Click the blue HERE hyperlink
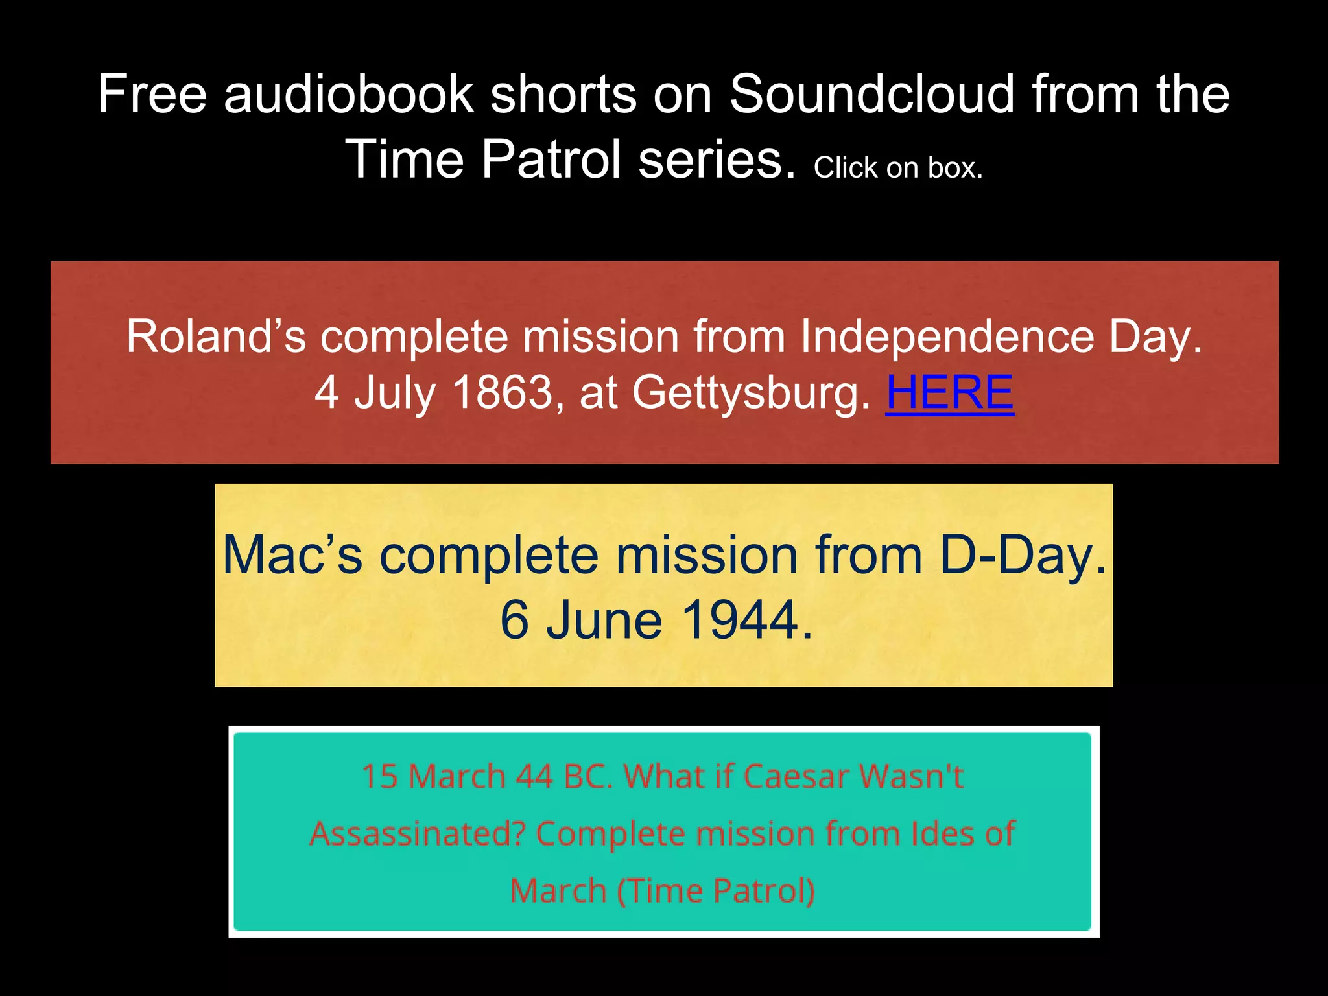[x=949, y=393]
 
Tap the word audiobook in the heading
[x=349, y=95]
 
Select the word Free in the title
[x=152, y=95]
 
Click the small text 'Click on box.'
[x=898, y=169]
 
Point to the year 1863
[x=502, y=393]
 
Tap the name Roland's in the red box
[x=216, y=337]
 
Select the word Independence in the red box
[x=946, y=337]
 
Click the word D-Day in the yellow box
[x=1022, y=556]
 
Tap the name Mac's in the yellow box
[x=292, y=556]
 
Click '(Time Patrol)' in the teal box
[x=716, y=891]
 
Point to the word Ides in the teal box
[x=942, y=834]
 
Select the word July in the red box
[x=394, y=393]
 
